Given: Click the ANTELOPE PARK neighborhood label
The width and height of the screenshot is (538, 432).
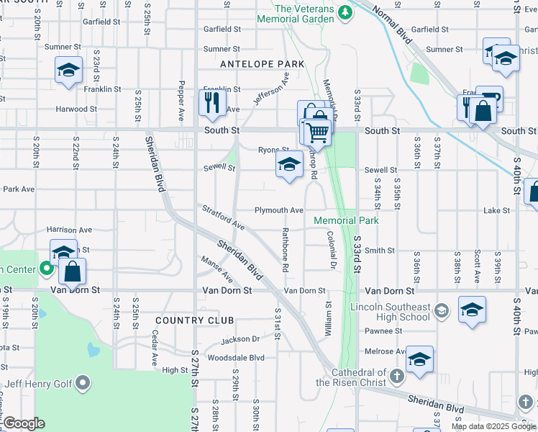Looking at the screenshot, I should pyautogui.click(x=253, y=64).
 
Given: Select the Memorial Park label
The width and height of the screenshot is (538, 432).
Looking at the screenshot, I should pyautogui.click(x=346, y=220).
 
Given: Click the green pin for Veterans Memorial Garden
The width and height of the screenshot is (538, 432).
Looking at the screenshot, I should pyautogui.click(x=345, y=12).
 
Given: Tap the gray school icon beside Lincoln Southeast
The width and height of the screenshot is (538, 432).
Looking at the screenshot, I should pyautogui.click(x=442, y=311).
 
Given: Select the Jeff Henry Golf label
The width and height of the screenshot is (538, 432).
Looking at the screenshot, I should pyautogui.click(x=45, y=383).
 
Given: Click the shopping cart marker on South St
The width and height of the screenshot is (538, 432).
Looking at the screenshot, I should pyautogui.click(x=317, y=132).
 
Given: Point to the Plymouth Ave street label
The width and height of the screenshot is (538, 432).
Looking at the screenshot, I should pyautogui.click(x=278, y=210).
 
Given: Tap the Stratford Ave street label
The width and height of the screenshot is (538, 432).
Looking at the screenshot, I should pyautogui.click(x=223, y=217).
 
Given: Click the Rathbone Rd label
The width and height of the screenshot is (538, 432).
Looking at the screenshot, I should pyautogui.click(x=286, y=249).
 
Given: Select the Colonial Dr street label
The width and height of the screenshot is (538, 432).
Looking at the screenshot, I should pyautogui.click(x=332, y=250).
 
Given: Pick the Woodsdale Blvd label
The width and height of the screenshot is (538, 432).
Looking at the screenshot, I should pyautogui.click(x=236, y=358).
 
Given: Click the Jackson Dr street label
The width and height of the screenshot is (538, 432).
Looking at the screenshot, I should pyautogui.click(x=240, y=339).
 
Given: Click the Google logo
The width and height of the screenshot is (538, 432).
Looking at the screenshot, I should pyautogui.click(x=23, y=423).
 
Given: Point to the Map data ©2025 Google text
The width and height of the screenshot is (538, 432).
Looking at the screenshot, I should pyautogui.click(x=493, y=426).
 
